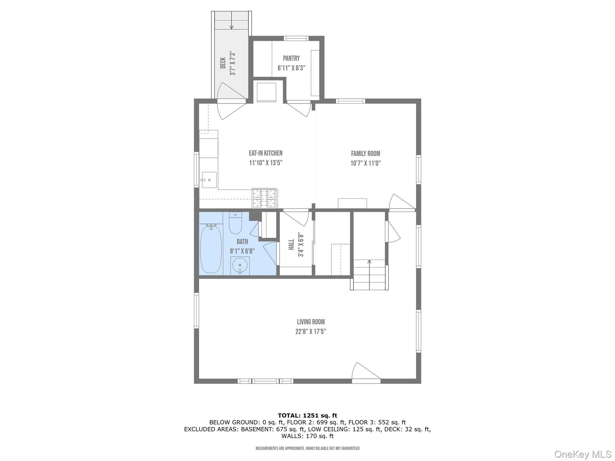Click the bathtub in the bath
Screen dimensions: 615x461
[211, 249]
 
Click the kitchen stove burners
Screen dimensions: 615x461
[264, 198]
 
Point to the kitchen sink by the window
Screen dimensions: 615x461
[209, 180]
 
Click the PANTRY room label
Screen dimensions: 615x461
[291, 58]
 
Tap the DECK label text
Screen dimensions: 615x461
[223, 63]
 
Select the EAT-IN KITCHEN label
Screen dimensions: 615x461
[266, 153]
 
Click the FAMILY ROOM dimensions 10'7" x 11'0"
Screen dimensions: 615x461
[366, 163]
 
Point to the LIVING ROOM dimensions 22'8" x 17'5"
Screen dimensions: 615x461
[311, 332]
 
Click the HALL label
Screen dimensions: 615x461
[291, 244]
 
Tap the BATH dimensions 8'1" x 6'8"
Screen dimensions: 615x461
[242, 251]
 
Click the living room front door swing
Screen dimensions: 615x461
[366, 373]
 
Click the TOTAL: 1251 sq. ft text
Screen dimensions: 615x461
[307, 415]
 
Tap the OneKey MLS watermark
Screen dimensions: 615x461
[583, 454]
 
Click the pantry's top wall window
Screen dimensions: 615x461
[296, 38]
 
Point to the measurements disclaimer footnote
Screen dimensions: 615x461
[307, 448]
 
